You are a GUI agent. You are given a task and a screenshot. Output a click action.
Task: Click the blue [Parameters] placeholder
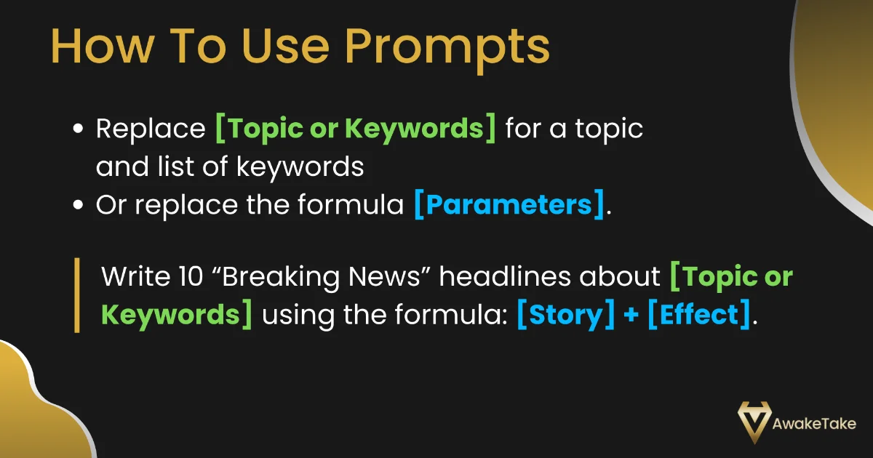(x=509, y=205)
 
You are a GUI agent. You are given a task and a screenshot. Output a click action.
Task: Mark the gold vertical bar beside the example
(x=76, y=295)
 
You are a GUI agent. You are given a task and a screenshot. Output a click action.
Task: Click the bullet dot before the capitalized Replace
(x=79, y=129)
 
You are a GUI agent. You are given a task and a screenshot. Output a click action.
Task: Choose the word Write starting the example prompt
(x=133, y=277)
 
